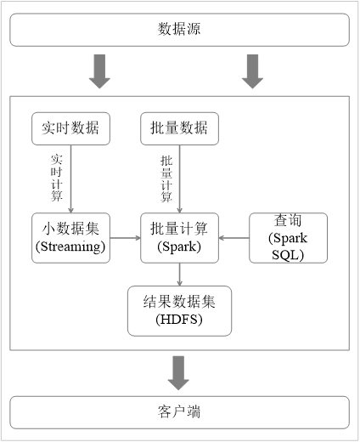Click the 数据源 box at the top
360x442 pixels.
[179, 30]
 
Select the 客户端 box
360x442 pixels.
[179, 412]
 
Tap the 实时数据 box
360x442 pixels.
[70, 128]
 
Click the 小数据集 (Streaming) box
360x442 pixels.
[70, 237]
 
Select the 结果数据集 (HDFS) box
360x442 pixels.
[179, 309]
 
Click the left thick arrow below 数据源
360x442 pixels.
[99, 71]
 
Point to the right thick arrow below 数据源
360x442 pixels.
[252, 71]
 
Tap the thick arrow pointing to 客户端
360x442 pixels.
[179, 371]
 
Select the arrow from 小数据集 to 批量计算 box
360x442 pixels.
[125, 238]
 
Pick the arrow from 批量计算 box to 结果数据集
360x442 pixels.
[179, 274]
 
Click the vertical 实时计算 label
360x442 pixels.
[57, 177]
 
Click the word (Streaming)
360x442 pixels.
[70, 246]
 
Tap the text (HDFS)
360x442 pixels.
[179, 320]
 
